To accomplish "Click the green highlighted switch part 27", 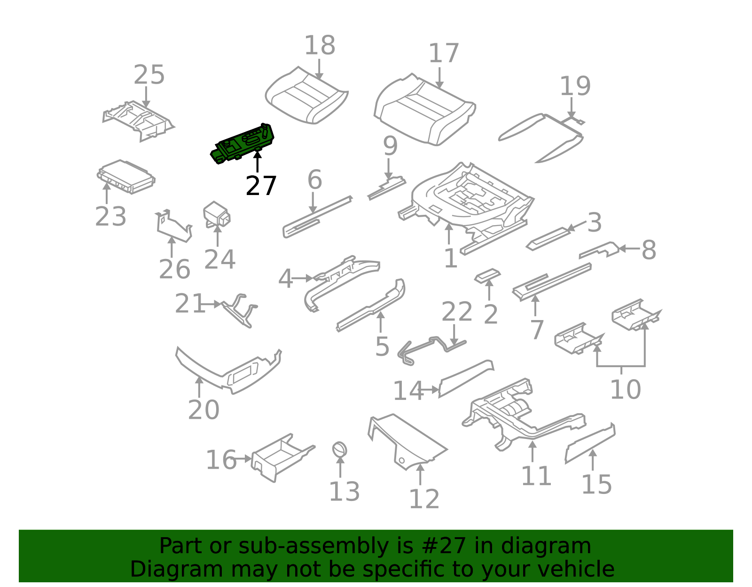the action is tap(242, 143).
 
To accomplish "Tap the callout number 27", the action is tap(261, 186).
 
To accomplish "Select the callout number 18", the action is tap(320, 45).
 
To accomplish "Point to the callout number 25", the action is tap(149, 75).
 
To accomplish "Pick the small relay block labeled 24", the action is tap(217, 215).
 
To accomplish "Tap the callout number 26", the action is tap(174, 269).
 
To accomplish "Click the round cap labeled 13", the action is tap(339, 450).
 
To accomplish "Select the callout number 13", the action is tap(345, 492).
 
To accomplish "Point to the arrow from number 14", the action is tap(430, 390).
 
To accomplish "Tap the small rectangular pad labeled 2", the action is tap(487, 276).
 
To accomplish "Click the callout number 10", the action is tap(626, 390).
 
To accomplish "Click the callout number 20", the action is tap(204, 410).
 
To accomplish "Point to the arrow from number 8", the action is tap(629, 248).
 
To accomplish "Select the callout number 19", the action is tap(575, 86).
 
